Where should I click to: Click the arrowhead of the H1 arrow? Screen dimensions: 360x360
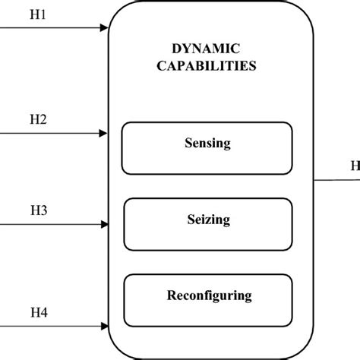[x=105, y=30]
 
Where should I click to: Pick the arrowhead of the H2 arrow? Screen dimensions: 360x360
[x=105, y=134]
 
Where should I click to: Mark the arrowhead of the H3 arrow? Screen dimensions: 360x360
[x=105, y=225]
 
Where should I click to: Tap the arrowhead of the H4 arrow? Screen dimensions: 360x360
[x=105, y=326]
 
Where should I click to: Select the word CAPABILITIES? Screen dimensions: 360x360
[x=207, y=65]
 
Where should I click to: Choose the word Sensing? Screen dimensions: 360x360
[x=207, y=143]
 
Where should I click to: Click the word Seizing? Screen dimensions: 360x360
[x=207, y=219]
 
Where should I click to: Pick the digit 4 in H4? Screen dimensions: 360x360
[x=44, y=311]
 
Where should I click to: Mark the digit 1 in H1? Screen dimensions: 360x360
[x=44, y=14]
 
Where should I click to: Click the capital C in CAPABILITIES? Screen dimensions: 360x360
[x=161, y=65]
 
